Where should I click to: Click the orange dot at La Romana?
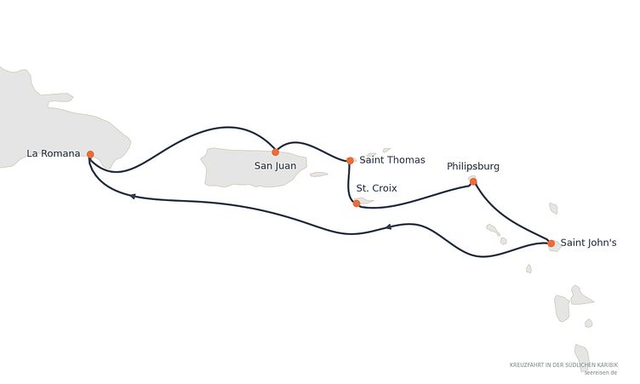90,154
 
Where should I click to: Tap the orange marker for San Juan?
276,152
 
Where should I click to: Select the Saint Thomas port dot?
350,161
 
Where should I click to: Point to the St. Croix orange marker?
357,203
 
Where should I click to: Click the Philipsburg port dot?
473,182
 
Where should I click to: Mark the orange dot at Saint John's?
551,244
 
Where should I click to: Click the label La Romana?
54,153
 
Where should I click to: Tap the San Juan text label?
275,166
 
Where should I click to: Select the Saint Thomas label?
392,160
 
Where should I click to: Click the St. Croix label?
376,188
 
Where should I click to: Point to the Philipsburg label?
473,167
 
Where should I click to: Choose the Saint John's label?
588,243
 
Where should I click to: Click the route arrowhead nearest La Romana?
132,197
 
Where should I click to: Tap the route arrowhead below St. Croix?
389,226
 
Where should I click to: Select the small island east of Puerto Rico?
319,175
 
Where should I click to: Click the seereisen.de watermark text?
600,373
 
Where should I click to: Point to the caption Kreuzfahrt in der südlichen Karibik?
563,364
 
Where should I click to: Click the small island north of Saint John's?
553,209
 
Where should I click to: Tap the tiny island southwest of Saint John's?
529,269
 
